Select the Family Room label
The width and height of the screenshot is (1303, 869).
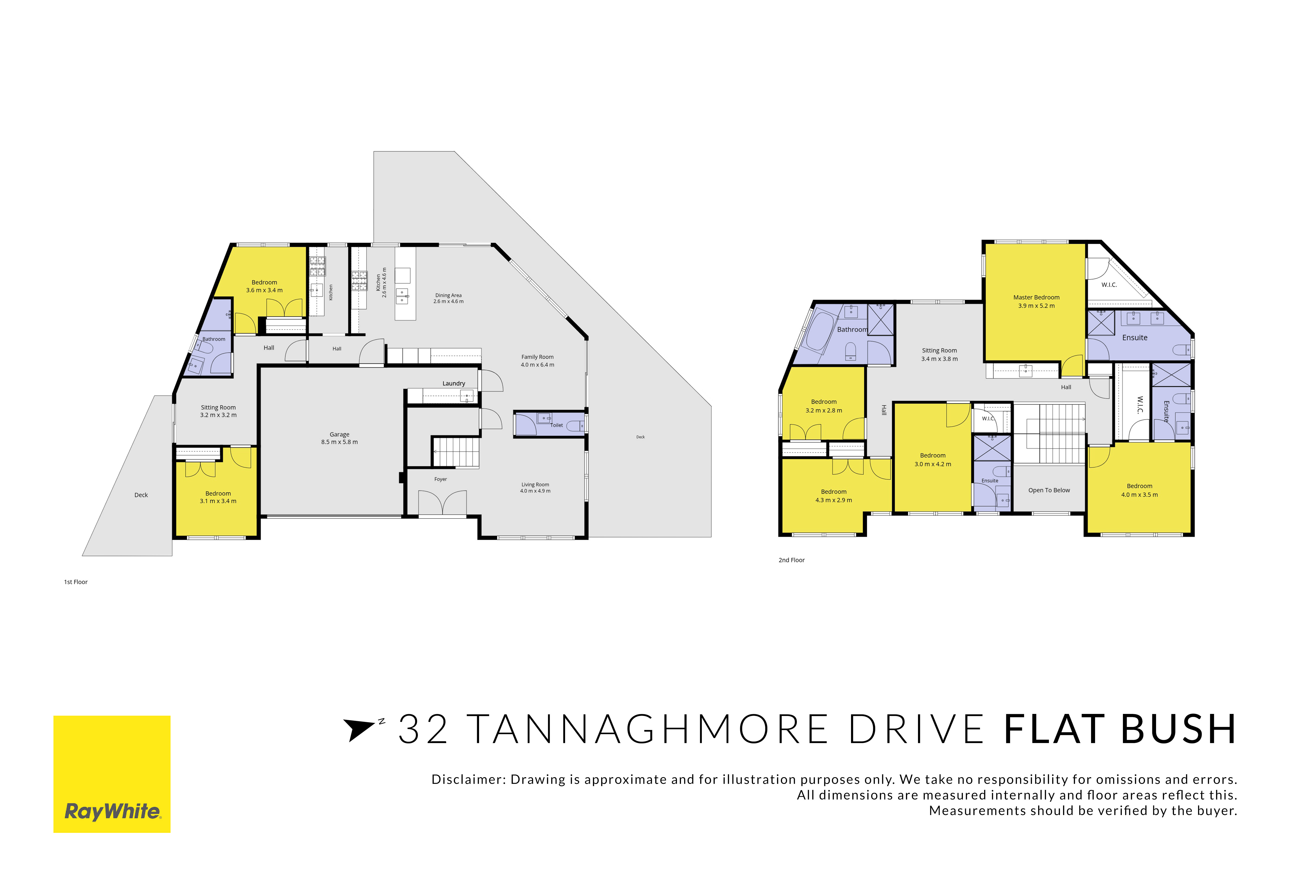pos(537,357)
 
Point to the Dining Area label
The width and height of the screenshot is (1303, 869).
pos(448,295)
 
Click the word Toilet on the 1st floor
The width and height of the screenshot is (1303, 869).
pos(557,425)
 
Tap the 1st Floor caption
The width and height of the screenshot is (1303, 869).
pos(76,582)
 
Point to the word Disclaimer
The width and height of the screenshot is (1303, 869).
pos(468,780)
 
